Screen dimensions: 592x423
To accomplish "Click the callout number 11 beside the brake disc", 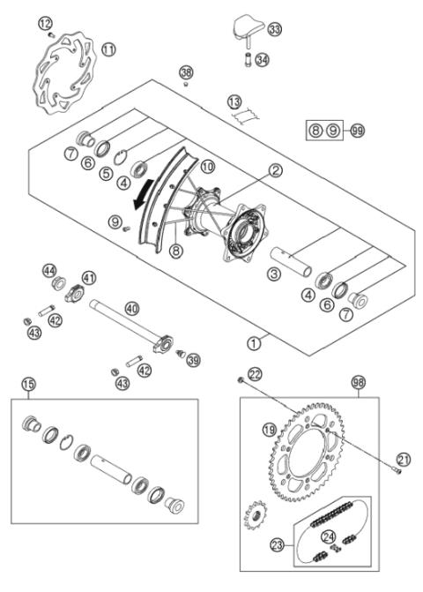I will point(108,50).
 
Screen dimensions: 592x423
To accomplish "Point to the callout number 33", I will point(276,30).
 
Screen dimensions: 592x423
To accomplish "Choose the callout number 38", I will point(185,71).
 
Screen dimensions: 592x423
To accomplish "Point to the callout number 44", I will point(49,270).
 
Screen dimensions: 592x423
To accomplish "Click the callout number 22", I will point(255,374).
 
